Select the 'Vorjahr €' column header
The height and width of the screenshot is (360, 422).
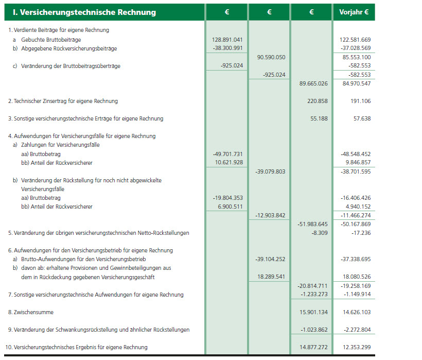(354, 12)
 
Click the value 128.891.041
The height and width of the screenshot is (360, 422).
(227, 40)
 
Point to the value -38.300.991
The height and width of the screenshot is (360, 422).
(227, 48)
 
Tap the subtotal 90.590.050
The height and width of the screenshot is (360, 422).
(271, 57)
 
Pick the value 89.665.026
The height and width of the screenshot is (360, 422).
(313, 83)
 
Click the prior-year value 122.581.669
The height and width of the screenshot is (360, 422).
(355, 40)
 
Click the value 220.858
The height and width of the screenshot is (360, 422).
(316, 101)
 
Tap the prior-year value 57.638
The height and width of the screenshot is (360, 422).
(359, 118)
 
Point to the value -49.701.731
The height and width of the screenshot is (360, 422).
(227, 154)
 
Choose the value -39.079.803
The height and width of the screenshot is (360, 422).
(270, 172)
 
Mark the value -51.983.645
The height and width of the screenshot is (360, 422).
(312, 224)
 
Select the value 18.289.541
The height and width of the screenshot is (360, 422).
(271, 277)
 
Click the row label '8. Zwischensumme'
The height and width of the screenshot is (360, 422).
(30, 312)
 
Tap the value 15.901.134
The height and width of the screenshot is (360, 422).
(313, 312)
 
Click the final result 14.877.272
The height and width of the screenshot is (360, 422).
(313, 347)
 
